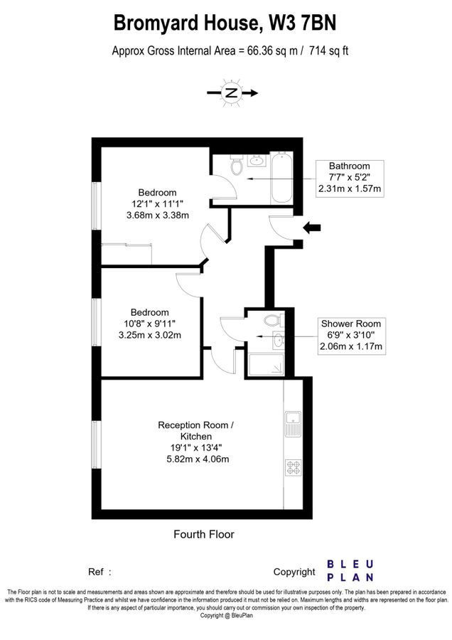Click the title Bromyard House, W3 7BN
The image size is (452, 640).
pos(225,23)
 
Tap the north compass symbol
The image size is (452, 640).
pos(232,92)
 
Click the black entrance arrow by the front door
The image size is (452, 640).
pos(312,228)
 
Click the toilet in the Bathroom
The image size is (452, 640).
pos(237,166)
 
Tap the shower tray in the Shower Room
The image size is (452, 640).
pos(269,364)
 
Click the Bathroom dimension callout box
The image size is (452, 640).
pos(350,177)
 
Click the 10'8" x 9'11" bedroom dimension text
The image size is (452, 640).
pos(149,324)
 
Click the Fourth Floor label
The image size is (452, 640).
pos(204,534)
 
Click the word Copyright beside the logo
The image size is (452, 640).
pos(294,572)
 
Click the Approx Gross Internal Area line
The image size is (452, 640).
pos(230,50)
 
